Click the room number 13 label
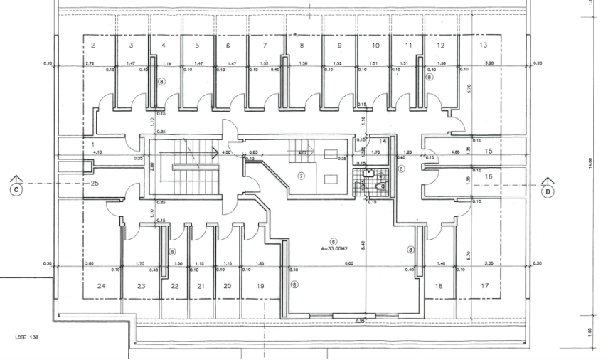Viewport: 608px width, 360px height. coord(484,46)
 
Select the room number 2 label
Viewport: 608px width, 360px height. coord(93,46)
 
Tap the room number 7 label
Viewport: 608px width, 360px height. coord(265,46)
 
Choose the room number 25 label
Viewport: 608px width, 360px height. coord(95,184)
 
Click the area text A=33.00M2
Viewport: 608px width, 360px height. coord(334,248)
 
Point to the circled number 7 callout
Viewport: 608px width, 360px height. coord(301,176)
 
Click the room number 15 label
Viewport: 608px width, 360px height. coord(489,152)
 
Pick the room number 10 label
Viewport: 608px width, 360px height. coord(375,46)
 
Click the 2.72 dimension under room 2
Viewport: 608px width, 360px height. coord(90,64)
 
